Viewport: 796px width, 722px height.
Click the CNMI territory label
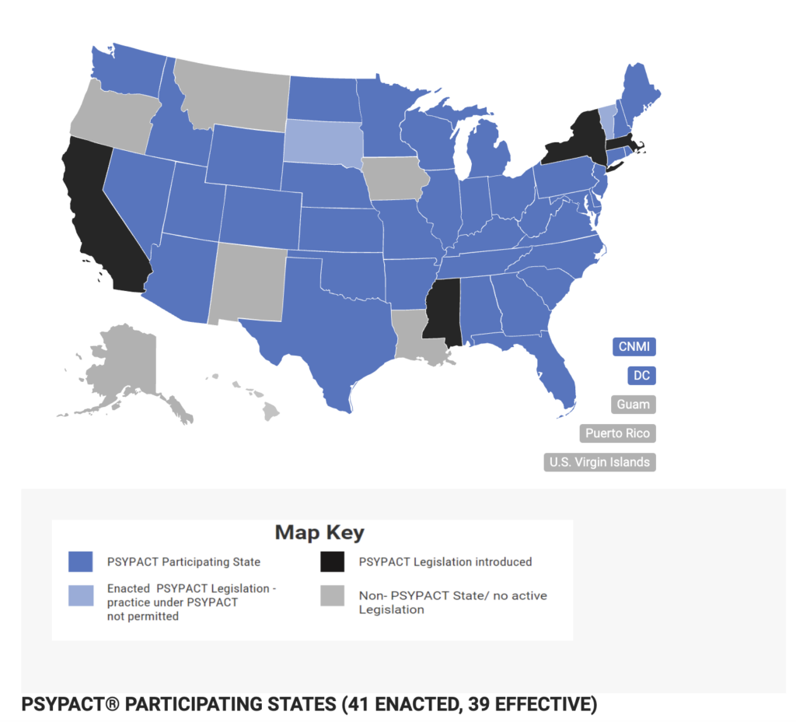point(634,347)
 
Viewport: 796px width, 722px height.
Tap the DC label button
point(641,376)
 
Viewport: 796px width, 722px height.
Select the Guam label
point(634,405)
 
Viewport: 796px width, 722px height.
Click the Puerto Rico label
point(618,433)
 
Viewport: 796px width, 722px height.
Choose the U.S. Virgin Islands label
point(599,462)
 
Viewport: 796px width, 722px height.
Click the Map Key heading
point(319,533)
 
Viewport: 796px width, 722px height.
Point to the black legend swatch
point(333,561)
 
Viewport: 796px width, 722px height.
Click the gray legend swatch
point(333,596)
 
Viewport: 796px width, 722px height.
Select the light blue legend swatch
point(80,596)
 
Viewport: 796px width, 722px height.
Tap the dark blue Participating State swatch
point(80,561)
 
